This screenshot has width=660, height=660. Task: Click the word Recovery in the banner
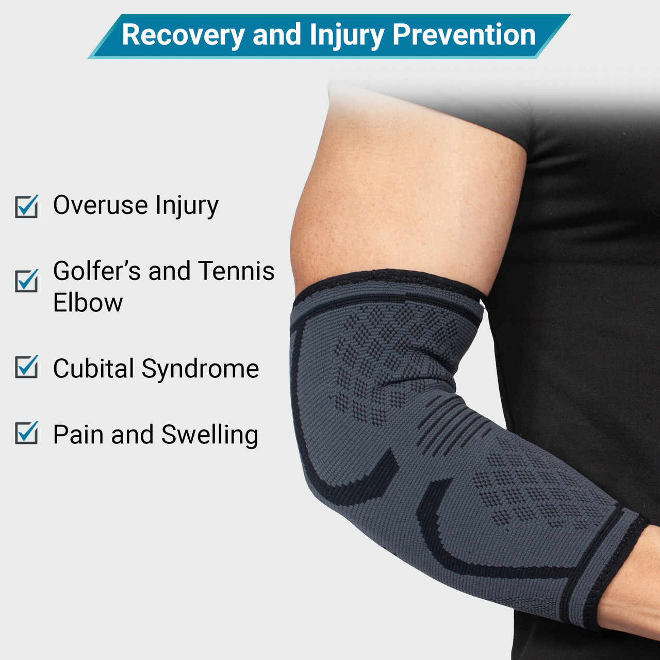[183, 35]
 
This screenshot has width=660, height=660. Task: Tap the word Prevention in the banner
[464, 35]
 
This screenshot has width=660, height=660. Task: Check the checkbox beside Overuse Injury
[26, 206]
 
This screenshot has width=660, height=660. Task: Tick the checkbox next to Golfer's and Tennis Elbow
[26, 280]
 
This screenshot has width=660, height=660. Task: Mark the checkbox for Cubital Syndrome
[26, 367]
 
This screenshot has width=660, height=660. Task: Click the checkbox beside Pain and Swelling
[26, 433]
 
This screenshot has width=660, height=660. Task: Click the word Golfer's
[96, 271]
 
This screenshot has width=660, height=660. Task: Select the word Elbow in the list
[88, 303]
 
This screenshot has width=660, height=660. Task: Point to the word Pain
[77, 435]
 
